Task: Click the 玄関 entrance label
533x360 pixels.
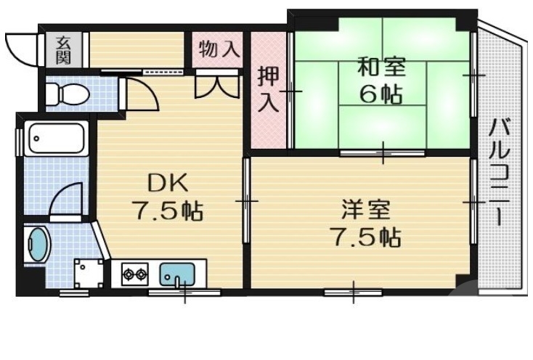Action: (x=63, y=49)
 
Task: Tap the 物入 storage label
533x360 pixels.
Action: (x=219, y=49)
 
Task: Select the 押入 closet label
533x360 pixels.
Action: (x=268, y=89)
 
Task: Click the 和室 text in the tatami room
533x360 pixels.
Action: (x=381, y=68)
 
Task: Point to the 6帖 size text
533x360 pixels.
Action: (x=381, y=95)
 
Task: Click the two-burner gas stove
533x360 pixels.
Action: (x=135, y=274)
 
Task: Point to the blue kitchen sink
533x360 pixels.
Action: (x=176, y=274)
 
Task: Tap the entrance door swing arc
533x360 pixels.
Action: (x=20, y=46)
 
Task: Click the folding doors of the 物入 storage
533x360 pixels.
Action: (x=217, y=85)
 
